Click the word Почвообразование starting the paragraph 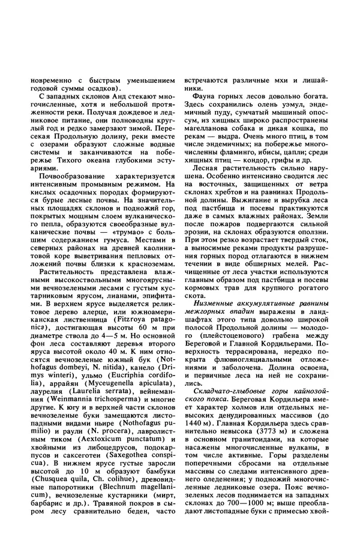point(67,179)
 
